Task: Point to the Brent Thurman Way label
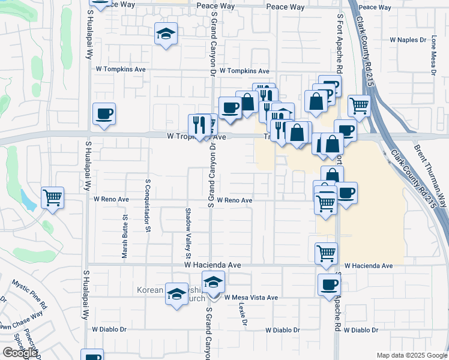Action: (x=431, y=175)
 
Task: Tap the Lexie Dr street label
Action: (x=242, y=314)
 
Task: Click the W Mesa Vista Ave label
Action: (x=251, y=298)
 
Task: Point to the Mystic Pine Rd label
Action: (x=30, y=293)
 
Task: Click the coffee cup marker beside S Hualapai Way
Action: (x=104, y=113)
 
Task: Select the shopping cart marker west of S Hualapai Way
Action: (x=53, y=196)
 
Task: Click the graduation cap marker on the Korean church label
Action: (x=176, y=294)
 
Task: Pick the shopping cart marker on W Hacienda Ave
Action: (x=326, y=253)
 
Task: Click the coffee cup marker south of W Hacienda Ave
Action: (x=329, y=284)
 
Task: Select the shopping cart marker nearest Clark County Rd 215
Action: (x=359, y=105)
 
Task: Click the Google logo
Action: (x=20, y=353)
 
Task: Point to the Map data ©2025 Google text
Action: (x=412, y=355)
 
